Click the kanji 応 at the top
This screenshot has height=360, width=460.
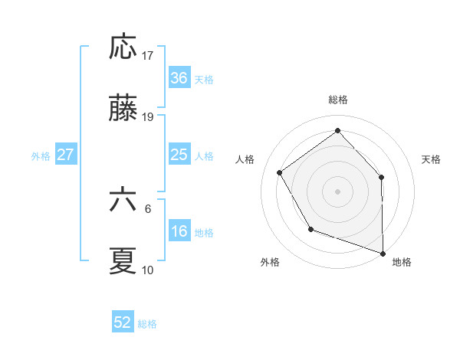click(x=123, y=47)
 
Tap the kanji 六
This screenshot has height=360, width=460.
click(x=123, y=201)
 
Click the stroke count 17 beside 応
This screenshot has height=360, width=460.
click(x=148, y=55)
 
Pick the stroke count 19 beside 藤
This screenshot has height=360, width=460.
click(x=148, y=117)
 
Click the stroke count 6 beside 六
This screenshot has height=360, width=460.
click(x=148, y=208)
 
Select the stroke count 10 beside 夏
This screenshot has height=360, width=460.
click(x=148, y=270)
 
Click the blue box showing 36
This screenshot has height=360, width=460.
click(x=179, y=78)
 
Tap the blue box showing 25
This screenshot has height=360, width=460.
click(x=179, y=155)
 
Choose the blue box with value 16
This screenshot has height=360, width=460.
click(x=179, y=231)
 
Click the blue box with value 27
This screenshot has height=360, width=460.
click(x=65, y=155)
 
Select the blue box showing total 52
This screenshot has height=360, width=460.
click(x=123, y=322)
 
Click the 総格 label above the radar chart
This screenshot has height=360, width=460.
click(x=338, y=100)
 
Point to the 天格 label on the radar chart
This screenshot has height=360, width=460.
click(x=432, y=159)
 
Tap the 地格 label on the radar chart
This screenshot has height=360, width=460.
click(x=402, y=262)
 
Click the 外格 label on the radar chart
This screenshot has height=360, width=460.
click(x=270, y=262)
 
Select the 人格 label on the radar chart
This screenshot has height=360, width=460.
click(x=245, y=159)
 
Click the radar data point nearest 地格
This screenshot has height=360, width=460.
click(x=383, y=252)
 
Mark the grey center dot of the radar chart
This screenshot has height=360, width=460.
click(x=337, y=191)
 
